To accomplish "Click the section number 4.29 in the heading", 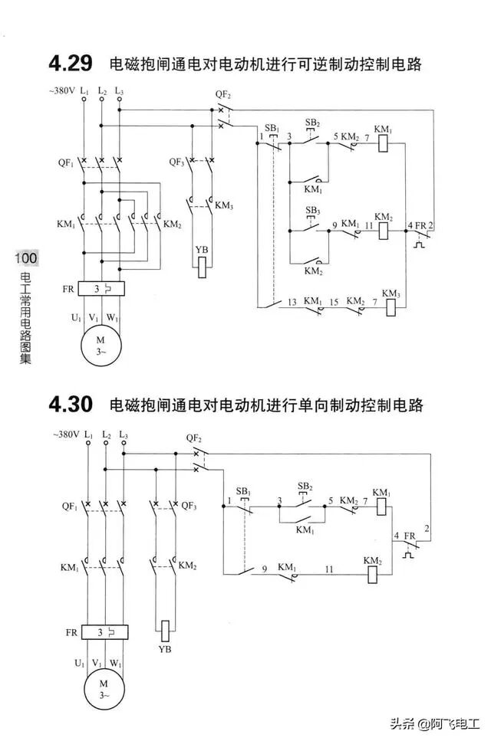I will click(71, 63).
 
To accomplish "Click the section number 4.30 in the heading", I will click(71, 403).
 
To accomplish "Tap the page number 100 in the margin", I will click(26, 258).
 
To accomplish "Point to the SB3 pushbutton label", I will click(313, 211).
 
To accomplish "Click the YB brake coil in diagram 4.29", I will click(202, 266).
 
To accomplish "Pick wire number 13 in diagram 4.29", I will click(292, 302).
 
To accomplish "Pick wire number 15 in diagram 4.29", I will click(334, 302).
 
